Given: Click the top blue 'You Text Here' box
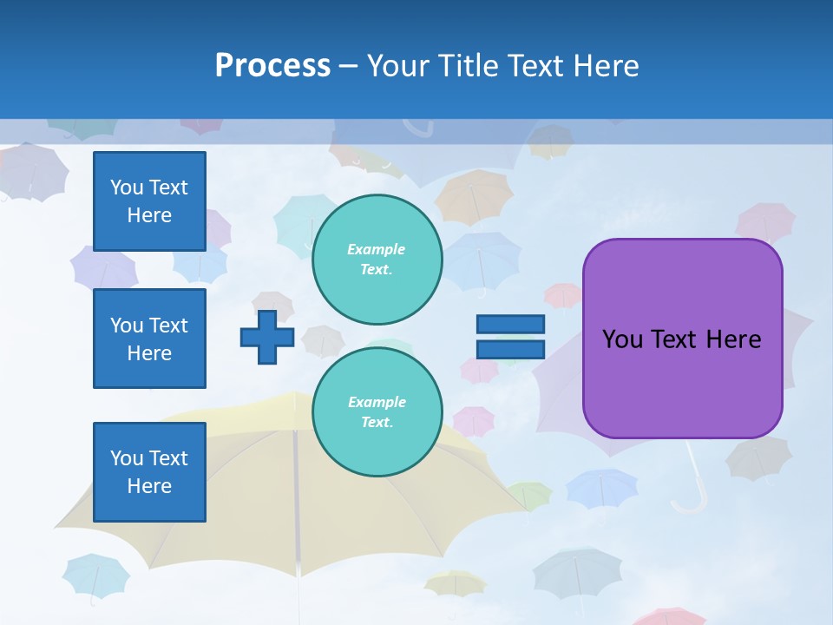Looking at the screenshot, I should click(149, 201).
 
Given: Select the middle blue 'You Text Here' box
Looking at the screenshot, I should click(149, 339).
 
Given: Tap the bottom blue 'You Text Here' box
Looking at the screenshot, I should click(149, 472).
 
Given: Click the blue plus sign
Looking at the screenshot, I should click(267, 337).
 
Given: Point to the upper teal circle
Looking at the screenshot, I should click(377, 259).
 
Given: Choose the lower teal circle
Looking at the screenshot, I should click(377, 411).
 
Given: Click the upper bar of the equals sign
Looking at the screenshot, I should click(511, 324).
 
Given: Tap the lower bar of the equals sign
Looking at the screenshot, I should click(511, 349).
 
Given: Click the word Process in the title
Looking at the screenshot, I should click(272, 65).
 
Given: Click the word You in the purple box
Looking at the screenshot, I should click(622, 339).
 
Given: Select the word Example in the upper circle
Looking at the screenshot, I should click(377, 249).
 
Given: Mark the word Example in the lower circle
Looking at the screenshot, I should click(377, 402).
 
